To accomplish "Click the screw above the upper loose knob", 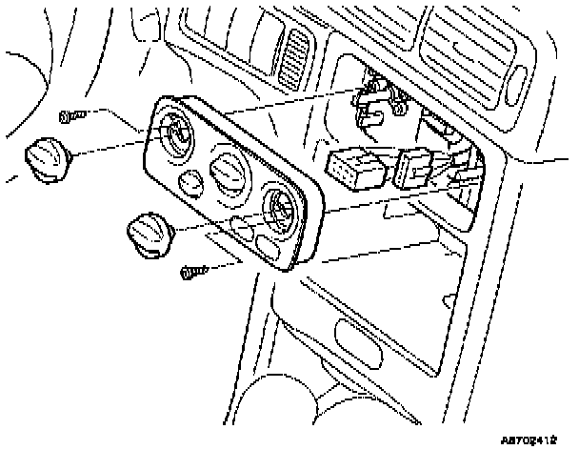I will [69, 116].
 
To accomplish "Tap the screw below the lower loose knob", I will [192, 272].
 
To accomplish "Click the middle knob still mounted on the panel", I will [229, 174].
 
